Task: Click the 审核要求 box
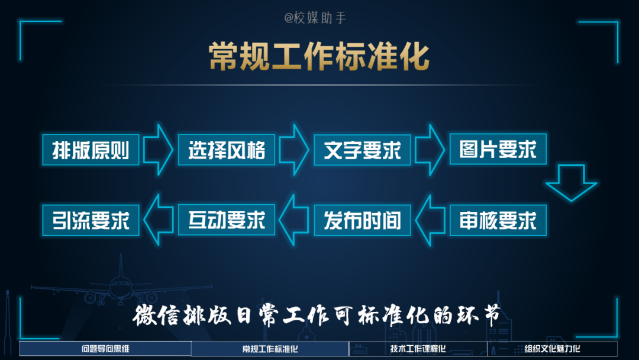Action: point(498,220)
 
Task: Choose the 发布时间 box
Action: point(362,220)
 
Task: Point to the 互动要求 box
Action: point(227,220)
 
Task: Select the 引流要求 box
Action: point(91,220)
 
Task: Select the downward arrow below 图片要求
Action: point(571,182)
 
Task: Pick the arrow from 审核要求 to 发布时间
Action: point(430,220)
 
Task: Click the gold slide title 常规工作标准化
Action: point(319,57)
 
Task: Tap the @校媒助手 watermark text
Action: point(315,18)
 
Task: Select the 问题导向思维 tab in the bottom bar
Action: point(105,349)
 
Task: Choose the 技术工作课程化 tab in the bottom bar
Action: point(418,349)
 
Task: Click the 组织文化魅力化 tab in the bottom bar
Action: point(552,349)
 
